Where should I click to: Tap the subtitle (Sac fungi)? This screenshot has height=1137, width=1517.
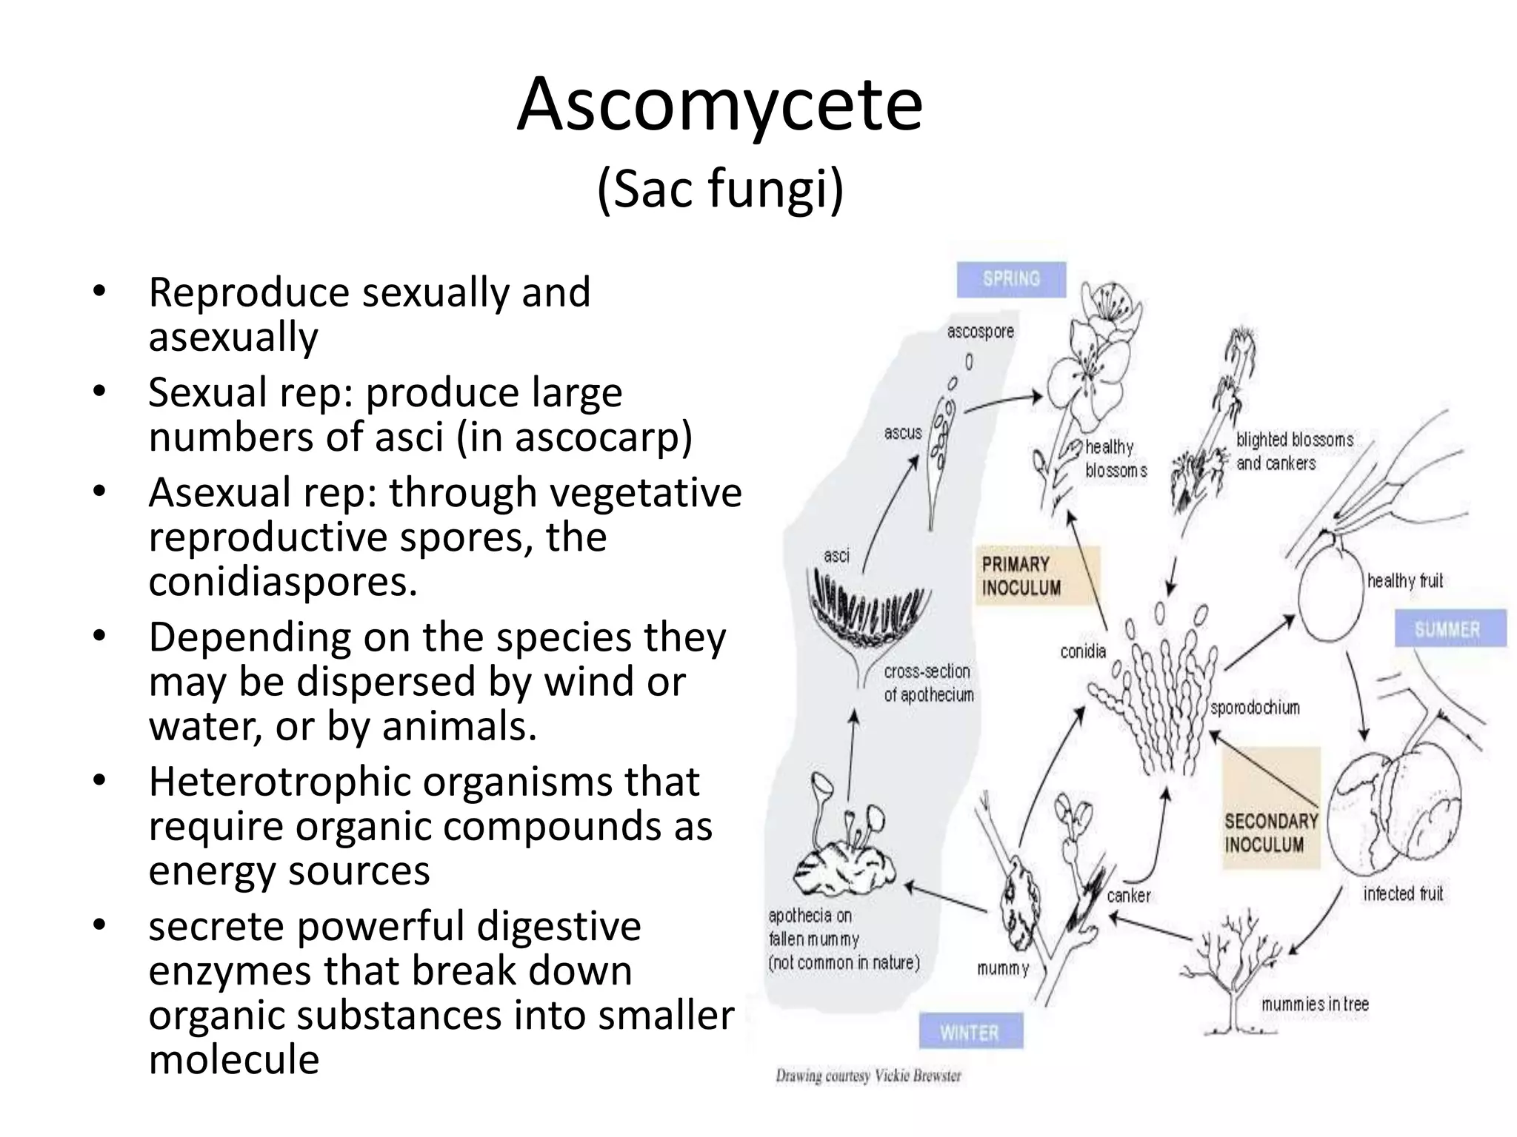click(x=719, y=189)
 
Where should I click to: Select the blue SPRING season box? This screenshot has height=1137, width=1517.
click(x=1011, y=279)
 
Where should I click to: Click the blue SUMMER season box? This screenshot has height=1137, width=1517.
click(x=1450, y=629)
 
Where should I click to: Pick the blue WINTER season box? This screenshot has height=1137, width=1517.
click(x=970, y=1032)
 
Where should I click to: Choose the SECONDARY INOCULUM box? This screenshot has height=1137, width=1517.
click(x=1271, y=833)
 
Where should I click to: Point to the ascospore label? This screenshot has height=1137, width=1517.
click(x=980, y=332)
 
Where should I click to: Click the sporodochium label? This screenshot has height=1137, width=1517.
click(x=1255, y=708)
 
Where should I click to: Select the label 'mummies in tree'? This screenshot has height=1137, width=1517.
click(x=1315, y=1004)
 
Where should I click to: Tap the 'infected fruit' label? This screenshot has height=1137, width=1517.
click(x=1403, y=893)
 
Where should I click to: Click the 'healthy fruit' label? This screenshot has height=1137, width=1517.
click(x=1404, y=580)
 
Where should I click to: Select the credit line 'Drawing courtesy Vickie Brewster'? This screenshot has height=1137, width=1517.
click(x=868, y=1076)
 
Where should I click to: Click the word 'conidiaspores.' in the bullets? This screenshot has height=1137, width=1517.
click(x=283, y=582)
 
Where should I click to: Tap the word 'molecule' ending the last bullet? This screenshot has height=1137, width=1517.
click(x=234, y=1059)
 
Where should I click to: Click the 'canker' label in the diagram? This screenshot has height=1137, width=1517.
click(x=1128, y=896)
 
